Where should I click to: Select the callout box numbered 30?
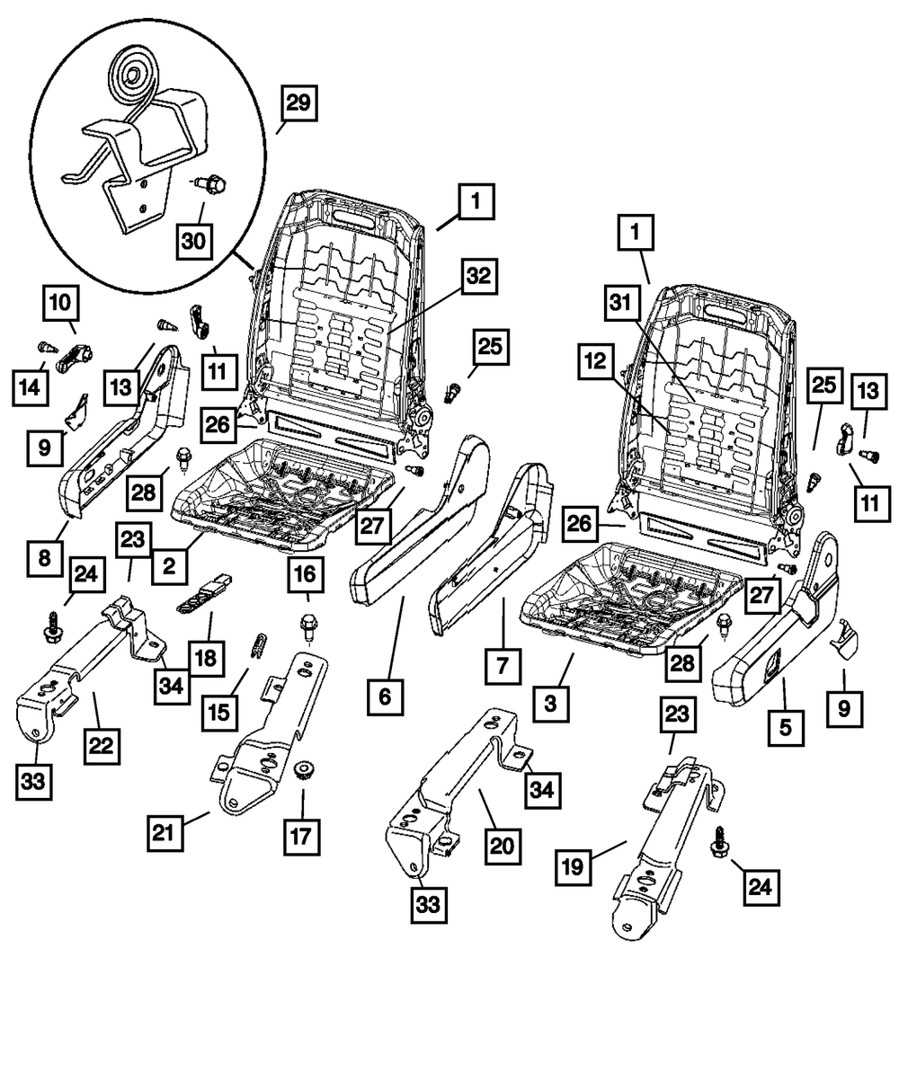tap(193, 241)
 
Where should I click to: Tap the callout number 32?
tap(478, 277)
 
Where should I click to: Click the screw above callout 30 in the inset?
tap(213, 185)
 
